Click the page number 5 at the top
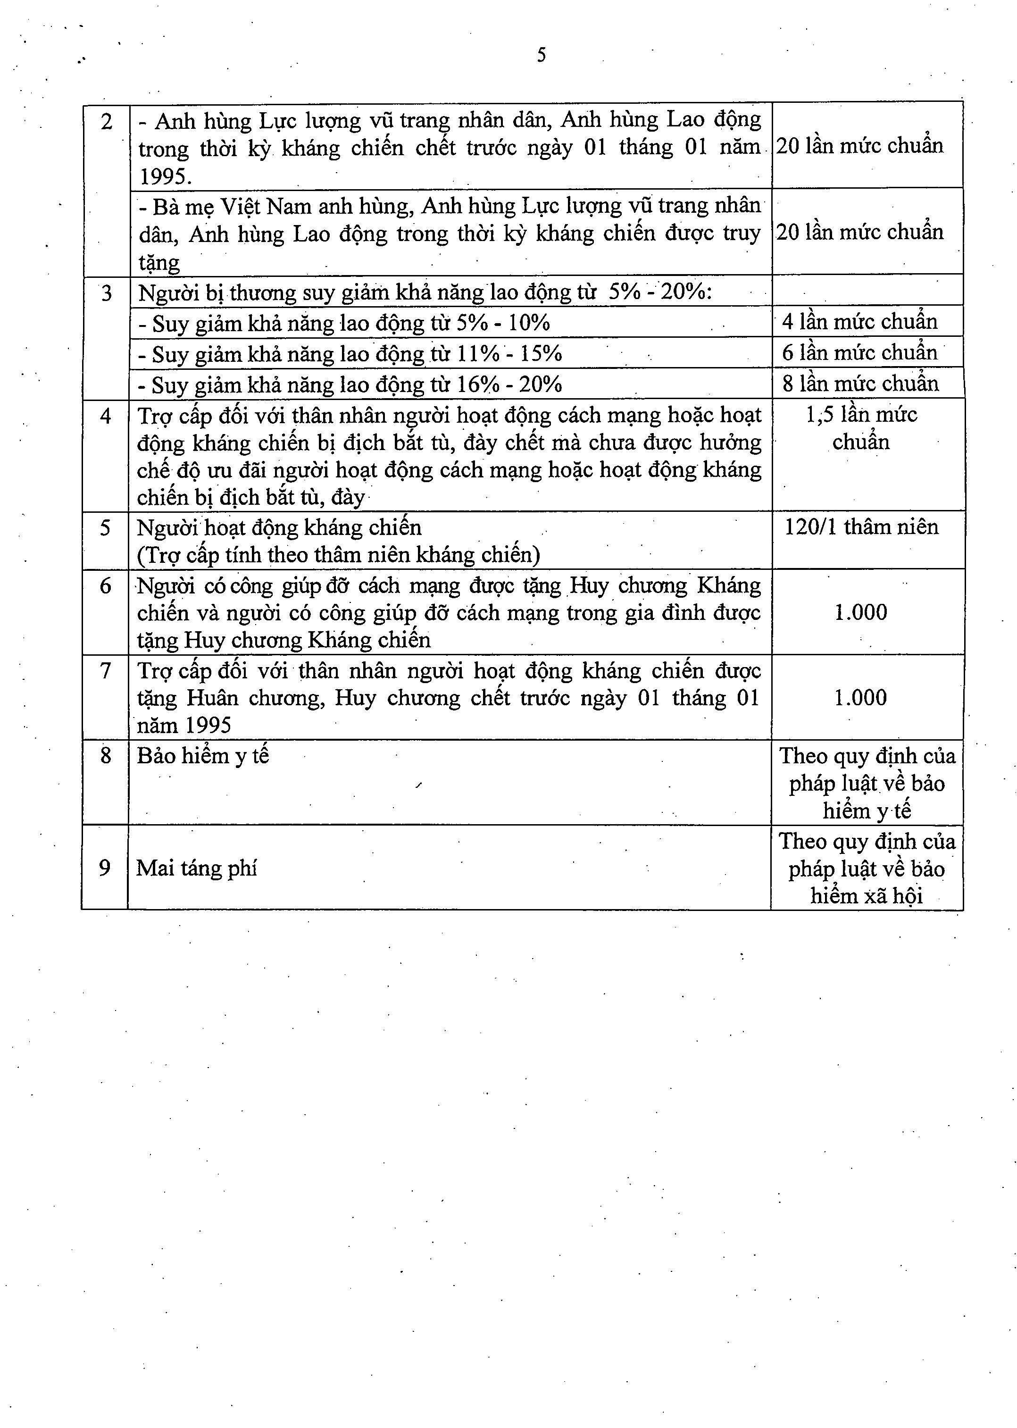point(541,56)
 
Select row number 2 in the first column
point(107,121)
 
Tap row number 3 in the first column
point(107,293)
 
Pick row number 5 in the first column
point(105,528)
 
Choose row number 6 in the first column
point(105,585)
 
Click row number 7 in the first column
point(105,671)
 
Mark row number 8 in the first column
point(105,756)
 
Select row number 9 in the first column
point(105,868)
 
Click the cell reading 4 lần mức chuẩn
point(860,322)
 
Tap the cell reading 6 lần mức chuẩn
point(860,352)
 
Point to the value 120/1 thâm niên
point(861,527)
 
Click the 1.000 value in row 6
point(860,612)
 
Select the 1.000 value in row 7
point(860,698)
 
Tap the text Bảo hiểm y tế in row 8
point(203,756)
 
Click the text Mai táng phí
point(197,868)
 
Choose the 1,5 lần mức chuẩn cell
point(861,428)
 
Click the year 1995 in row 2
point(164,176)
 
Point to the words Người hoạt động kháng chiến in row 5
point(279,528)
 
